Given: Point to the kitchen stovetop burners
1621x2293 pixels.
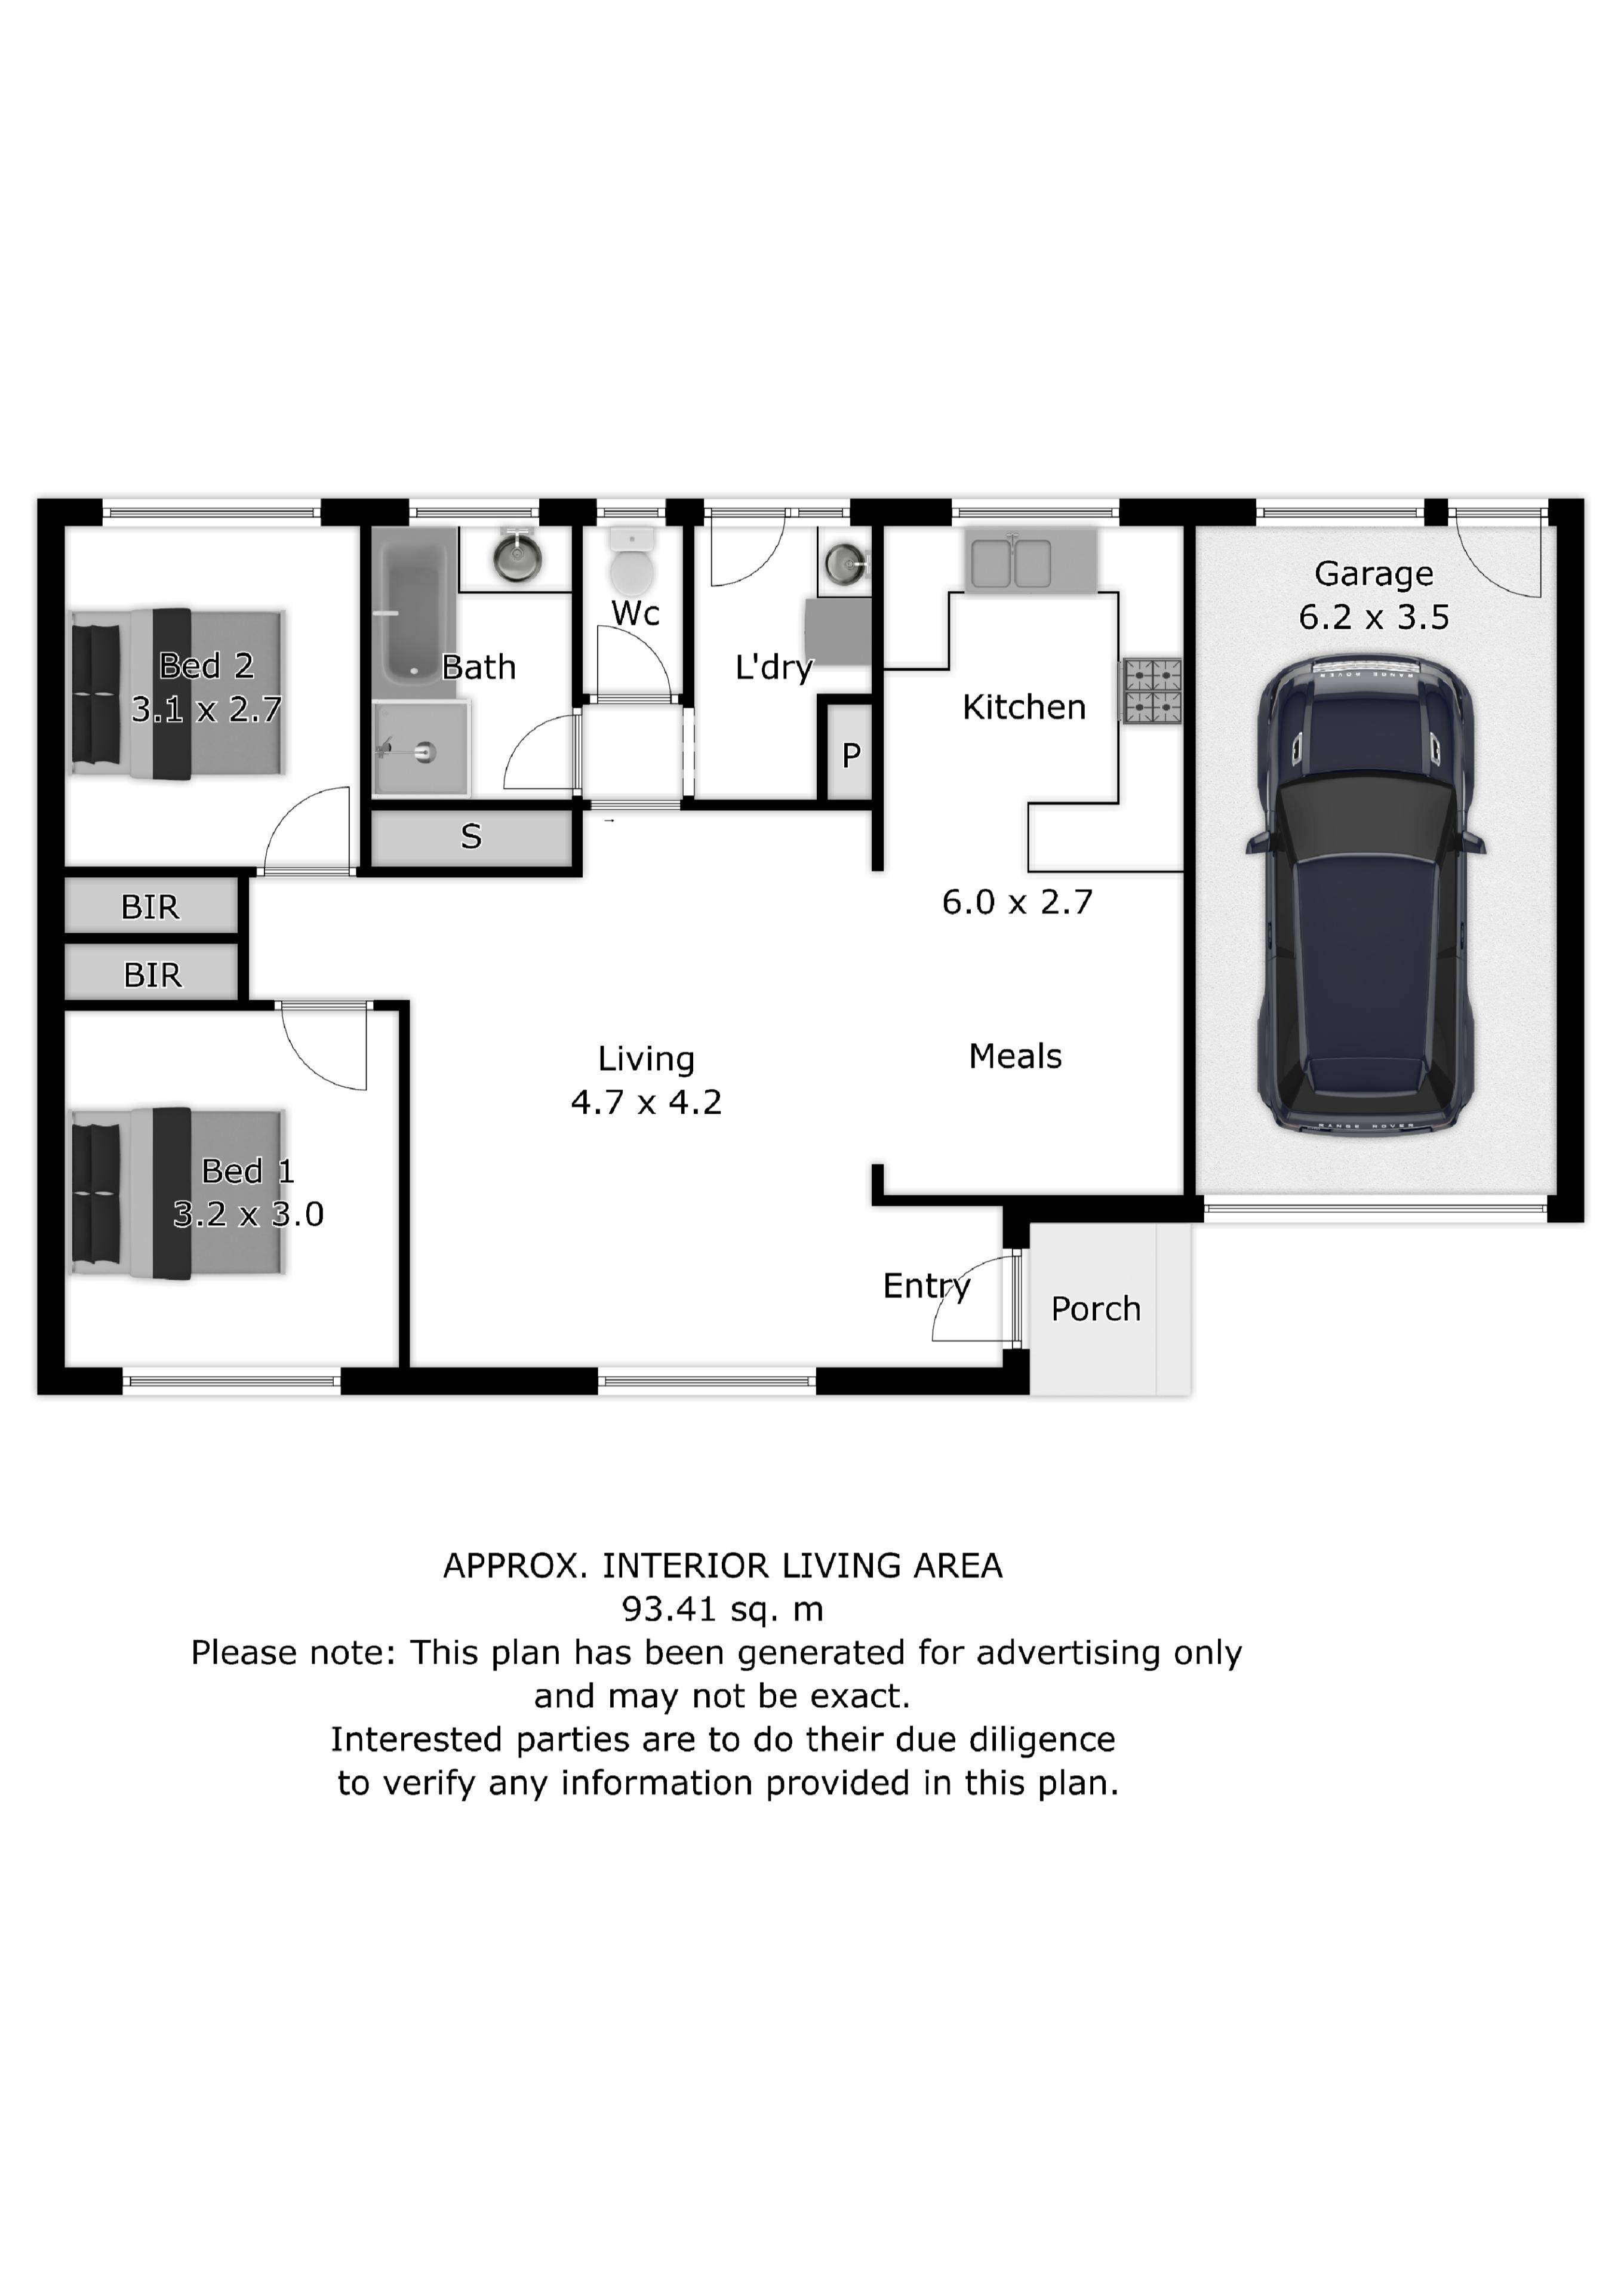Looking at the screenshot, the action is tap(1152, 690).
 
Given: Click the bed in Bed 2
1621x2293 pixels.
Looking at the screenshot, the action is tap(179, 693).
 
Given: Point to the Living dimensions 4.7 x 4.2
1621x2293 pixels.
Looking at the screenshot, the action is tap(646, 1102).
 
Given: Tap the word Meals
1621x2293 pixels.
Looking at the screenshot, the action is tap(1015, 1056).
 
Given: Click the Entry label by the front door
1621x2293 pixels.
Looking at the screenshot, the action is tap(927, 1286).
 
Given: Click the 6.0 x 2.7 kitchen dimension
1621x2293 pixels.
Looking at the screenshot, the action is tap(1017, 903).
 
